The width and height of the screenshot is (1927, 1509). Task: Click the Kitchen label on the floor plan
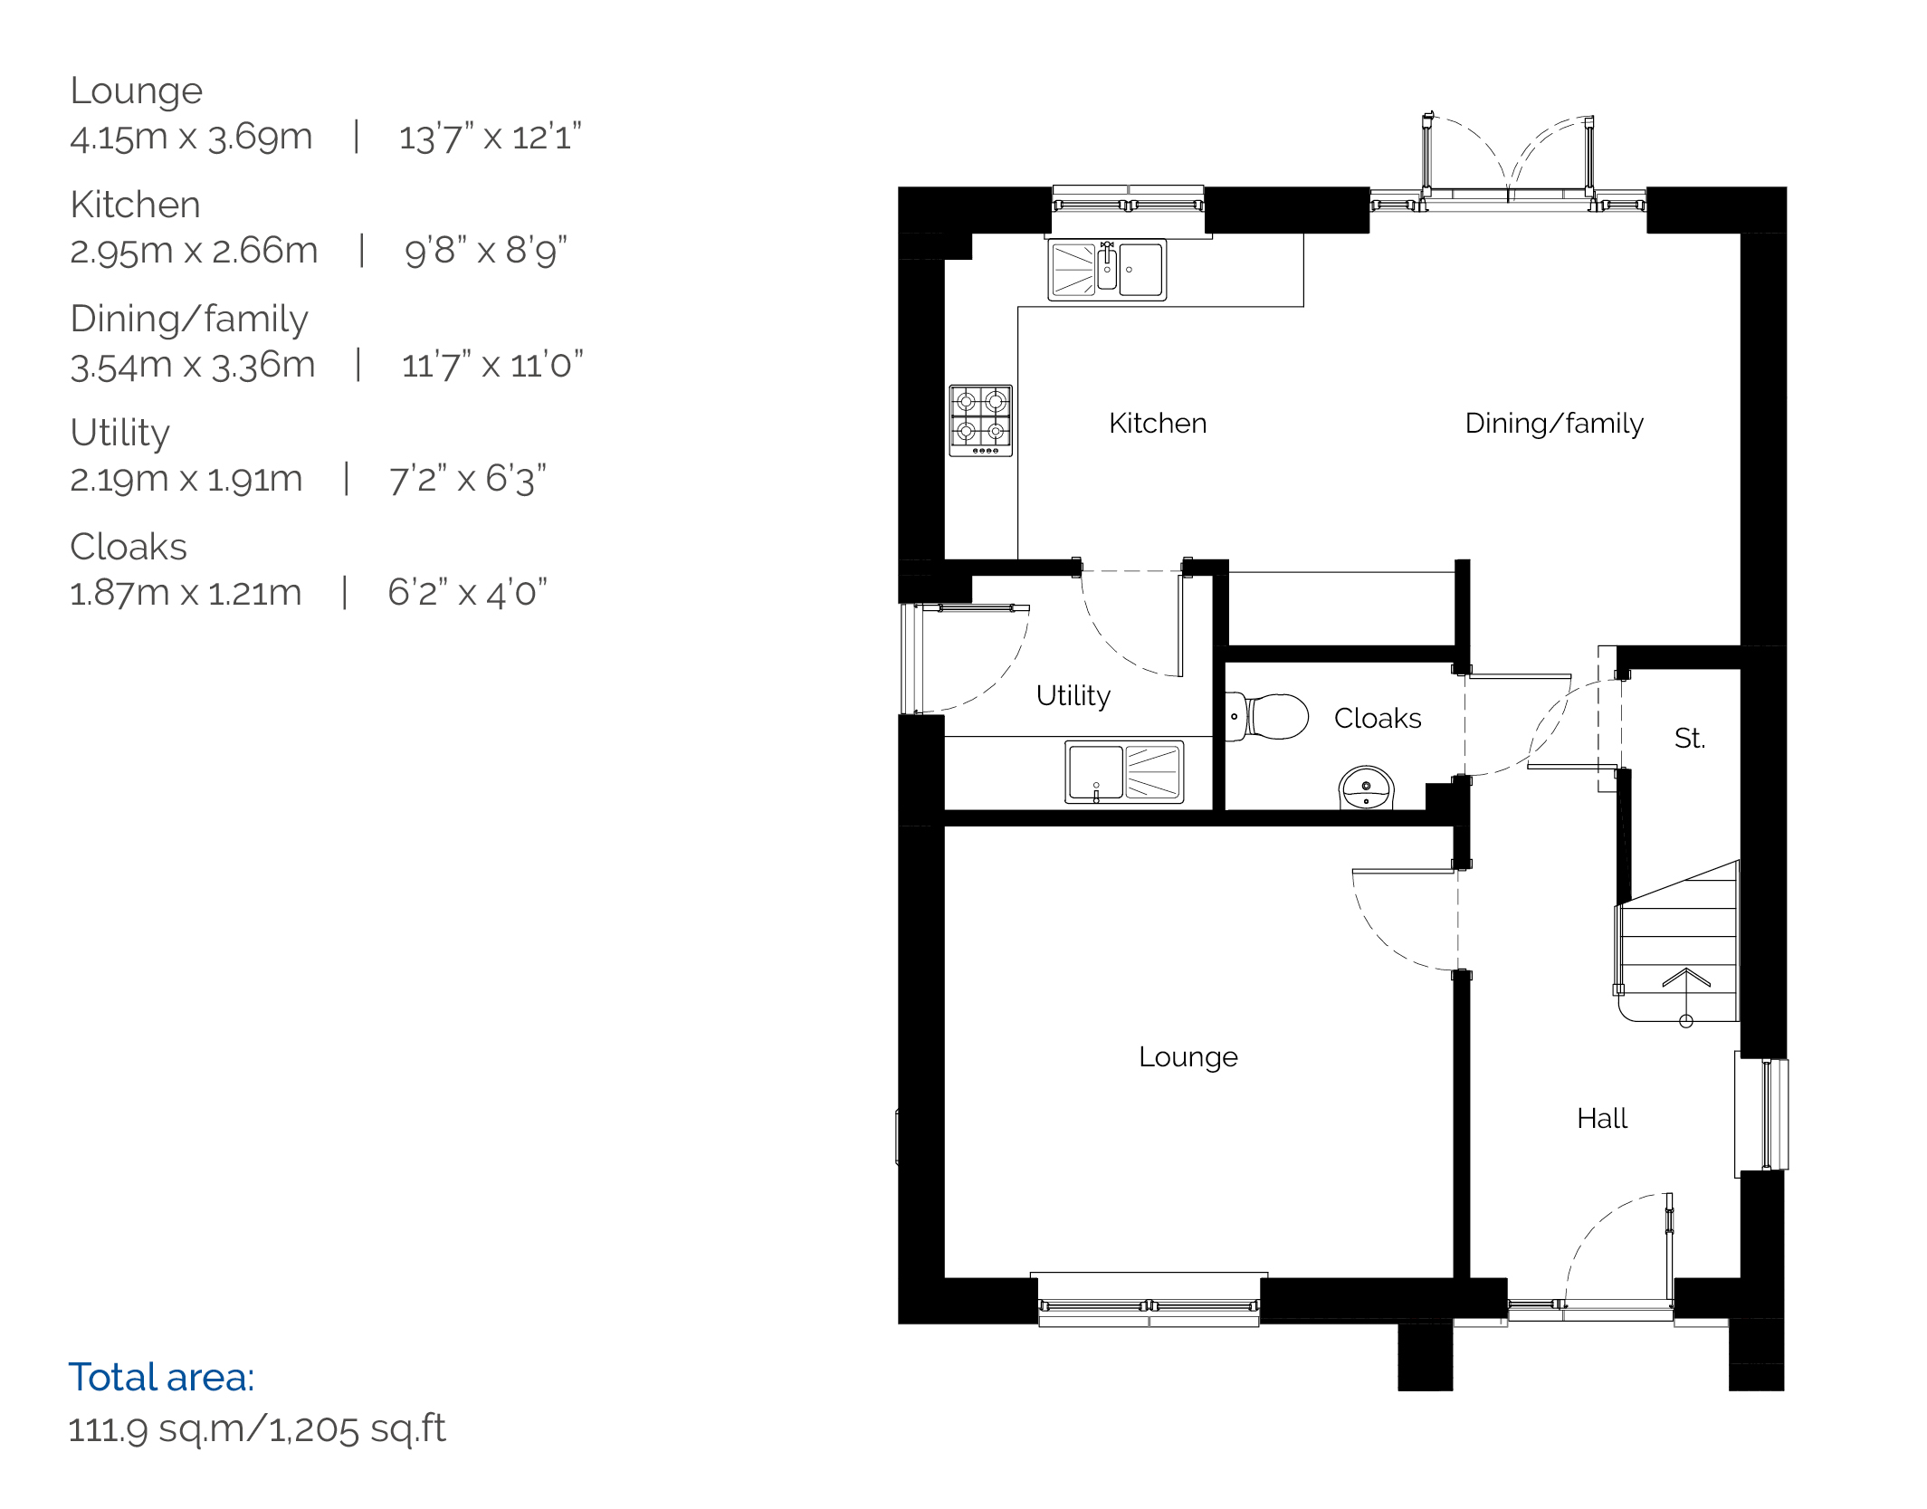pos(1158,423)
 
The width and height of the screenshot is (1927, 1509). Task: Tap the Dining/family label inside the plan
pos(1554,424)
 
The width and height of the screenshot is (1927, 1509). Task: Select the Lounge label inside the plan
pos(1188,1057)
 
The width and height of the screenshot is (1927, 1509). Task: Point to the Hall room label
pos(1602,1119)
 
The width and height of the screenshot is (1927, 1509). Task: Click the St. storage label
pos(1690,739)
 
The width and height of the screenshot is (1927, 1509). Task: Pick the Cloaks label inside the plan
pos(1378,719)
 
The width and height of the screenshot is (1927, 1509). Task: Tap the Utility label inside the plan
pos(1073,696)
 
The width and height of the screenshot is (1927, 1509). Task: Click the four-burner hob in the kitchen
pos(980,420)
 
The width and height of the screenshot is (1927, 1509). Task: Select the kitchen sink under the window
pos(1107,270)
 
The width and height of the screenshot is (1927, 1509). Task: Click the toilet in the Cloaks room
pos(1266,716)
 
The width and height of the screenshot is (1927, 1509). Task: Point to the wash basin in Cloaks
pos(1367,788)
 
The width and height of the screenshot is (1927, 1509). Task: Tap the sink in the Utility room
pos(1124,773)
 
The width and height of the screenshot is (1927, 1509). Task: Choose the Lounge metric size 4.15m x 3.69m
pos(191,138)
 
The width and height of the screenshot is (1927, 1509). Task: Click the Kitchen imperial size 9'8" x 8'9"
pos(486,251)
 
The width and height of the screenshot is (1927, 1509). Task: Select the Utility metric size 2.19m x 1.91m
pos(186,479)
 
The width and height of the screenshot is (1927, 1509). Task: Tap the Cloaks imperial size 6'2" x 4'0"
pos(468,593)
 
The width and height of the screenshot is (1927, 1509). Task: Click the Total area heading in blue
pos(161,1378)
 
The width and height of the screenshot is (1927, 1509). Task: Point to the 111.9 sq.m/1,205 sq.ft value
pos(257,1429)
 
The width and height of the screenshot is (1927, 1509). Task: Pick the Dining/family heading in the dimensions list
pos(189,320)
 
